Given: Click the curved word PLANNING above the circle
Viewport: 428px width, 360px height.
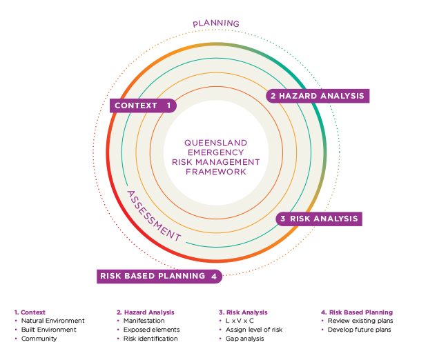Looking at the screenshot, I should click(x=216, y=23).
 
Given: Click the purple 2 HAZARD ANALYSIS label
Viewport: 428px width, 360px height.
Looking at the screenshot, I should click(x=317, y=96).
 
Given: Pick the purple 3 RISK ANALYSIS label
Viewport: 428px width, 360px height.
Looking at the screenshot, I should click(x=318, y=219).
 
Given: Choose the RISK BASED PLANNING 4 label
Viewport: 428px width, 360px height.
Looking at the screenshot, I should click(x=159, y=276).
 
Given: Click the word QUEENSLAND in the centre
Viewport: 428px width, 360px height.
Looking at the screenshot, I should click(x=216, y=143).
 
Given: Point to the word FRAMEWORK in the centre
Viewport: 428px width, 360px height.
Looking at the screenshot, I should click(x=216, y=171).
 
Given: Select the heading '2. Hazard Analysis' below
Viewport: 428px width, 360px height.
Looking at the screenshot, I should click(x=145, y=312).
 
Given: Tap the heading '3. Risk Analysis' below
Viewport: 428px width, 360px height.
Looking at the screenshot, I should click(x=242, y=312).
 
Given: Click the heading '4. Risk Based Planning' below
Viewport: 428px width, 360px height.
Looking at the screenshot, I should click(x=357, y=312).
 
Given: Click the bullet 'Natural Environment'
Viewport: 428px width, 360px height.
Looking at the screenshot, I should click(x=53, y=321).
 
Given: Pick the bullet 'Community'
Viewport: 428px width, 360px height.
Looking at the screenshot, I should click(x=39, y=339).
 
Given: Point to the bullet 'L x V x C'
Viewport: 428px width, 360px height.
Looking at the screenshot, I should click(x=240, y=321).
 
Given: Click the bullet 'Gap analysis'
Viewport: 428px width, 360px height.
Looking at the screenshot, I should click(x=246, y=339).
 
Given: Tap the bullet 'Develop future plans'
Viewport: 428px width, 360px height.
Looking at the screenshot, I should click(x=360, y=330).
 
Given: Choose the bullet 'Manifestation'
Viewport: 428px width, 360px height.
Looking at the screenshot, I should click(x=144, y=321).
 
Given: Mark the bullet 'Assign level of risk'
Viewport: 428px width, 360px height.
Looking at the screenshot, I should click(x=254, y=330).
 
